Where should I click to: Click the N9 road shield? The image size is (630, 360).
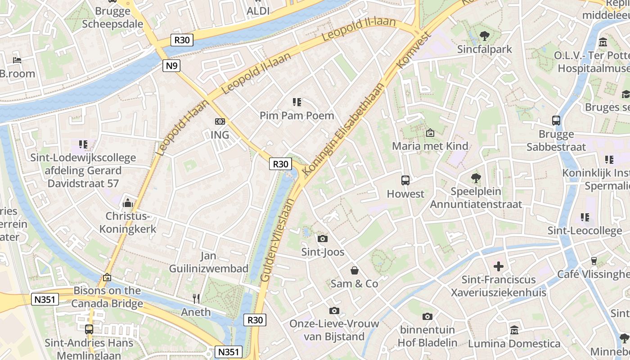click(x=171, y=66)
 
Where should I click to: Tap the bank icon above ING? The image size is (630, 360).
click(x=220, y=121)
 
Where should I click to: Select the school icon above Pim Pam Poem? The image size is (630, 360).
click(x=297, y=102)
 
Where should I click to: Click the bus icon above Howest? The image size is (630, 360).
click(x=405, y=180)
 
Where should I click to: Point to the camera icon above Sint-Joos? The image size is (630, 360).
click(x=322, y=238)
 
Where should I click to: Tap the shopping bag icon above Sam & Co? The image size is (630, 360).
click(x=355, y=270)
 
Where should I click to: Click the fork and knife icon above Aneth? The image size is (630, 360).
click(x=196, y=298)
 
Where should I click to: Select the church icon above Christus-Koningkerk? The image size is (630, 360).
click(x=128, y=203)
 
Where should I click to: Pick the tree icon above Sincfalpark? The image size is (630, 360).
click(x=485, y=36)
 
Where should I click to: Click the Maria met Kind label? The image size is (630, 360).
click(x=430, y=146)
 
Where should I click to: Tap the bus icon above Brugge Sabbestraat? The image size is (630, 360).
click(x=556, y=121)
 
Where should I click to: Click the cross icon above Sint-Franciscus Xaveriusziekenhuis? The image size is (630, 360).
click(x=499, y=266)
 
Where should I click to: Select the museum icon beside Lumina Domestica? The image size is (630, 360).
click(x=514, y=330)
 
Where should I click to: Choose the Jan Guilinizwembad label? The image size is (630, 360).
click(x=208, y=262)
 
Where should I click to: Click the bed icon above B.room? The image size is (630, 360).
click(x=17, y=60)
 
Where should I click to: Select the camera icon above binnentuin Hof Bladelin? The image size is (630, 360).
click(x=427, y=316)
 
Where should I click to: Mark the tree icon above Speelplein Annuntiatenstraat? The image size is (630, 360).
click(x=476, y=178)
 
